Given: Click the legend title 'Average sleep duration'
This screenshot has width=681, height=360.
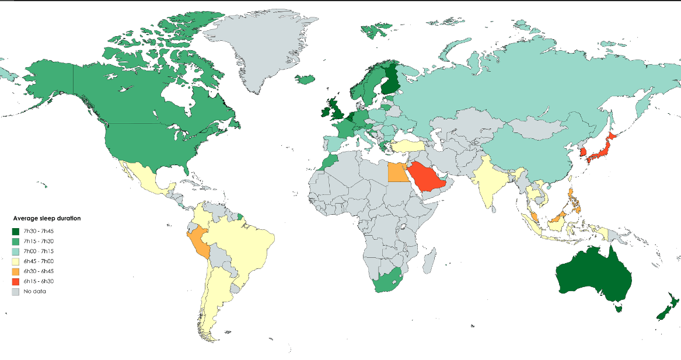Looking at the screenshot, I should click(47, 218).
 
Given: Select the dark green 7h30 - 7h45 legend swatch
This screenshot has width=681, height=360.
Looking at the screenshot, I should click(16, 232).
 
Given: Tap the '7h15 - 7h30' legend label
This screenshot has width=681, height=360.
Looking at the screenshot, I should click(39, 241).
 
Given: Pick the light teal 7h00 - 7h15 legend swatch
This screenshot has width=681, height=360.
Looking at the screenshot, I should click(16, 251).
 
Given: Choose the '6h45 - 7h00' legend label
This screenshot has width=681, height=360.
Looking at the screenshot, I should click(39, 261).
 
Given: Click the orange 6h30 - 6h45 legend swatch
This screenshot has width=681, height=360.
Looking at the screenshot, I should click(16, 271).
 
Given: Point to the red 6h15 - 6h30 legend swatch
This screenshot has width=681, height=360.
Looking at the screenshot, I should click(16, 281).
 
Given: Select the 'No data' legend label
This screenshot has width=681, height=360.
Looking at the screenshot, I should click(34, 291).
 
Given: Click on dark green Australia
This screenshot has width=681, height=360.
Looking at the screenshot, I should click(595, 277).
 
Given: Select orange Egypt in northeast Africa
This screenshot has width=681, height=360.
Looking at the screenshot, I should click(396, 173).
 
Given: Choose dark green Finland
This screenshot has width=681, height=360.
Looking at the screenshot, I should click(392, 82).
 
